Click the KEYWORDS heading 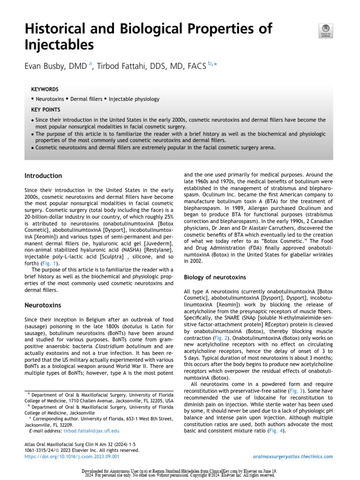tap(45, 89)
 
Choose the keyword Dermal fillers tap(87, 99)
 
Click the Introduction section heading tap(43, 176)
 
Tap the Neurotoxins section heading tap(43, 305)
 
